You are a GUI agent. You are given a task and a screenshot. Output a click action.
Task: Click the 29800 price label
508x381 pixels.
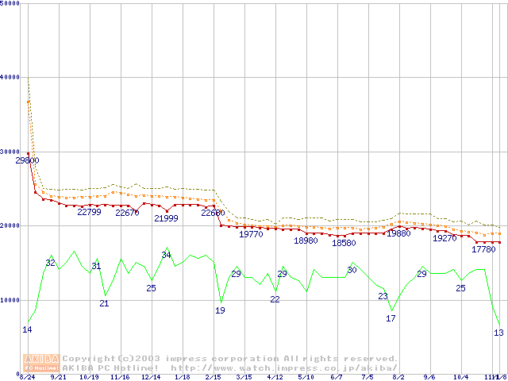pos(27,160)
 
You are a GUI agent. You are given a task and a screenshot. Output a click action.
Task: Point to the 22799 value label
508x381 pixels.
pos(89,212)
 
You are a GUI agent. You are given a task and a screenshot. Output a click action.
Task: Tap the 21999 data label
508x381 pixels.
pos(166,218)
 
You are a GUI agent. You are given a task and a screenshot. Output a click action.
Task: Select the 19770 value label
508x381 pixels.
pos(251,234)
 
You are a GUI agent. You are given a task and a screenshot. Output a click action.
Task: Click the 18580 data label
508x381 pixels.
pos(344,243)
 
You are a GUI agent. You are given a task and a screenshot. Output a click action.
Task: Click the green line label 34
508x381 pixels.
pos(166,255)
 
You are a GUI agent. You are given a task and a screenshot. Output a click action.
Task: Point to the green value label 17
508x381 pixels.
pos(391,318)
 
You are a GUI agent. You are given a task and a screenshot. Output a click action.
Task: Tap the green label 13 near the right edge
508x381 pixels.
pos(498,333)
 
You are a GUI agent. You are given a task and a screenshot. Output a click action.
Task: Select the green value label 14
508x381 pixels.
pos(27,329)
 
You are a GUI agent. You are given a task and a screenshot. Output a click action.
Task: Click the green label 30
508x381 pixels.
pos(352,271)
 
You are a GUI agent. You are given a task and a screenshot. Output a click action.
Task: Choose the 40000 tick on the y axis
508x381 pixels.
pos(11,77)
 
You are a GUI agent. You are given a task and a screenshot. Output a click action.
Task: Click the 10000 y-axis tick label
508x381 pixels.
pos(11,300)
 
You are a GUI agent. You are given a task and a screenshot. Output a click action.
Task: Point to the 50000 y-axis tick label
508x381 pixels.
pos(11,3)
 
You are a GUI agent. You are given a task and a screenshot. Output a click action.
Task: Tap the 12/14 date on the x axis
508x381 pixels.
pos(151,377)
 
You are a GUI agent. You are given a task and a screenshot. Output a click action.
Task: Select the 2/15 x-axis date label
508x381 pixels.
pos(213,377)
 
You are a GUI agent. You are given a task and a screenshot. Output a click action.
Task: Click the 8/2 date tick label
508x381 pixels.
pos(398,377)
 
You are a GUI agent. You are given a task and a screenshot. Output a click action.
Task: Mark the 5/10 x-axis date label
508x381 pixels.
pos(306,377)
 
